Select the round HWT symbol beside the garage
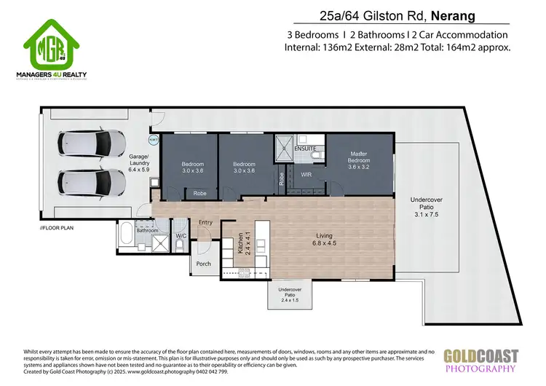pos(154,140)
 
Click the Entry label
pos(205,223)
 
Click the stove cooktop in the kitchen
pos(244,273)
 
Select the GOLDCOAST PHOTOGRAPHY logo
pos(481,361)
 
